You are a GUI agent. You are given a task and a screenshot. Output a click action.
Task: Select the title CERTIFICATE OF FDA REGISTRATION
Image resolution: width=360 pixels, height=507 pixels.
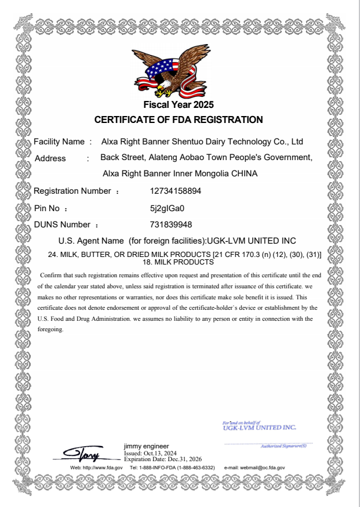[x=179, y=120]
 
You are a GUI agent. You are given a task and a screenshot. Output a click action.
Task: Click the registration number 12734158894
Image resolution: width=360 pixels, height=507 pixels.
[x=176, y=191]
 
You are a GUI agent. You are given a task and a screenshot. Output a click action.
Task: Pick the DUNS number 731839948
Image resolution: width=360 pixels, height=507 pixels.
[x=171, y=224]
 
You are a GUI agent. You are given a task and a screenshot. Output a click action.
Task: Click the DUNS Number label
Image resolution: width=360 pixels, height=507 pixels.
[x=62, y=224]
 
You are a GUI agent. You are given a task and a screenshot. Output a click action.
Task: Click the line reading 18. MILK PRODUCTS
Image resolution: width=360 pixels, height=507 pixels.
[x=179, y=262]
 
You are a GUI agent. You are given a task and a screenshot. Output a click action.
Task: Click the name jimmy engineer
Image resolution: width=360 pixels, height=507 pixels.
[x=147, y=446]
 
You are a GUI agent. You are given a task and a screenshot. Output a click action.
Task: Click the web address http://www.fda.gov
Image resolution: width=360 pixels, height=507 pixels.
[x=101, y=467]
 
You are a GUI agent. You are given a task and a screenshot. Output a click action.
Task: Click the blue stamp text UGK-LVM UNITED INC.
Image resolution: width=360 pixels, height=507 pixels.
[x=259, y=428]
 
